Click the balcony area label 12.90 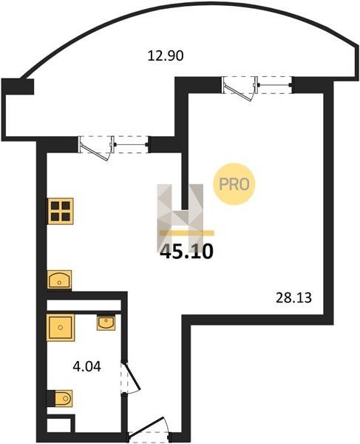point(166,55)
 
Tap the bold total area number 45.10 point(186,252)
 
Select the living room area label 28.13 point(293,298)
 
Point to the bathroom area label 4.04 point(86,367)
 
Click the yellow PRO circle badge point(234,184)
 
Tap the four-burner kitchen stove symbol point(61,211)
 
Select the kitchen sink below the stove point(59,280)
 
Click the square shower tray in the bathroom point(61,328)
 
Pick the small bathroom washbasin point(106,323)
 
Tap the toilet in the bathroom point(63,398)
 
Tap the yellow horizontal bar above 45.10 point(186,233)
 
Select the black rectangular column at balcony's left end point(18,87)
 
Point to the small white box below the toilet point(59,425)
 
